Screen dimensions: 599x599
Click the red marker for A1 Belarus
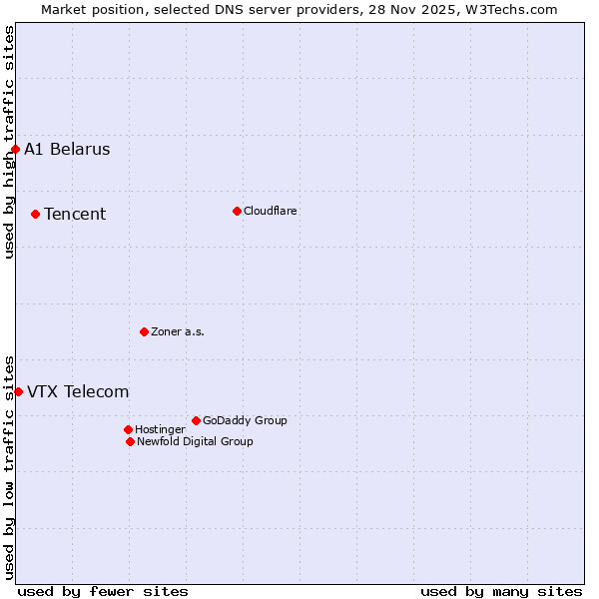coord(15,150)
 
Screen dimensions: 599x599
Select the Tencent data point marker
coord(35,214)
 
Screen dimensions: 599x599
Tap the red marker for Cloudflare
coord(237,211)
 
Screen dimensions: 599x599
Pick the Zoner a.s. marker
coord(144,331)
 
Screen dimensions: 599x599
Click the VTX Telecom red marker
coord(18,391)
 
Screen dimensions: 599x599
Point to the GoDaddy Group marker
coord(196,420)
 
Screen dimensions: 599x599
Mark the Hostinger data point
coord(128,429)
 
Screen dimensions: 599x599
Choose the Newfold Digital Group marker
coord(130,441)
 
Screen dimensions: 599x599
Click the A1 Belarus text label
coord(67,150)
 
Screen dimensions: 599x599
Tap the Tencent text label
coord(75,214)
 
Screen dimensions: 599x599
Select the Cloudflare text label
coord(271,211)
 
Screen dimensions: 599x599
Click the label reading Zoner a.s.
coord(178,331)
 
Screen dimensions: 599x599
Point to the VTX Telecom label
coord(78,391)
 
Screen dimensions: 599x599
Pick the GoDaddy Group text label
coord(245,420)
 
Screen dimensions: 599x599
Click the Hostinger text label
coord(160,429)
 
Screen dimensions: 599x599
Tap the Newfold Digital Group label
coord(195,441)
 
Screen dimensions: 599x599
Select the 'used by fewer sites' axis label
coord(103,591)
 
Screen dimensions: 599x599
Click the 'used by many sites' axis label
coord(501,591)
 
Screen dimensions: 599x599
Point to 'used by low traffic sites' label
coord(9,467)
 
